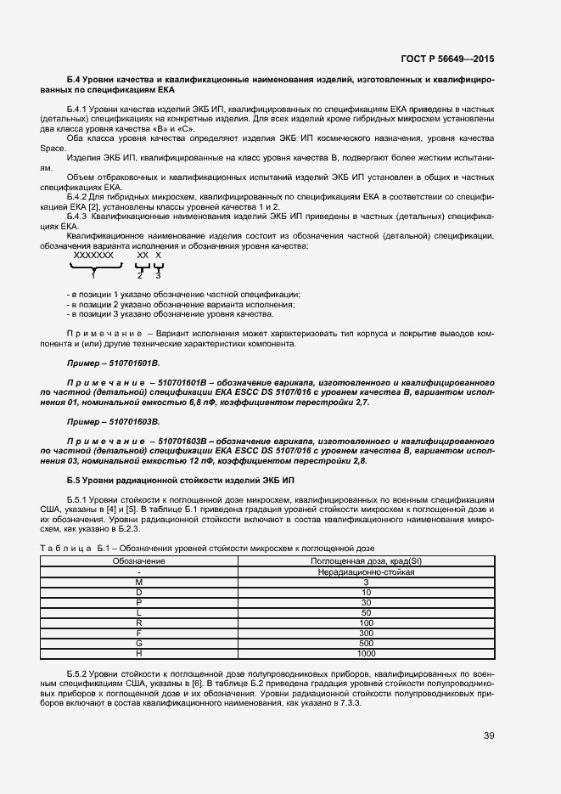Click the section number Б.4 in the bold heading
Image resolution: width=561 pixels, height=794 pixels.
pyautogui.click(x=75, y=78)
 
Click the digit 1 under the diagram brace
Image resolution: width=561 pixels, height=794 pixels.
pyautogui.click(x=93, y=274)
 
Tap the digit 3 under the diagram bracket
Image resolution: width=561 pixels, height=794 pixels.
pyautogui.click(x=158, y=274)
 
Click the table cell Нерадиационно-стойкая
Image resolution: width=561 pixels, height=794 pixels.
pyautogui.click(x=366, y=572)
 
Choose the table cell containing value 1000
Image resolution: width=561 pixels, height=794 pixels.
pyautogui.click(x=366, y=654)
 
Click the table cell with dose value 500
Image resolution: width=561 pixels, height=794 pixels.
pyautogui.click(x=366, y=644)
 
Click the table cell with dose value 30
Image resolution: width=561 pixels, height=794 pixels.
pyautogui.click(x=366, y=603)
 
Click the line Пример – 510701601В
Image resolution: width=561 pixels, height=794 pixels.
pyautogui.click(x=113, y=363)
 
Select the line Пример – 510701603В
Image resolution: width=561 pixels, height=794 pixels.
pyautogui.click(x=113, y=421)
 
